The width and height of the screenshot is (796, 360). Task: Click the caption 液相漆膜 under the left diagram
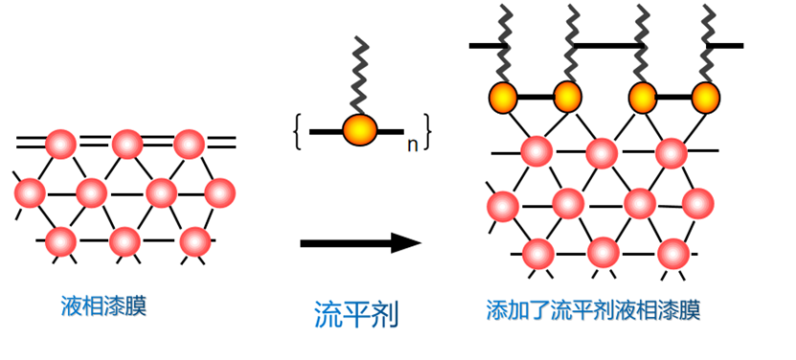pyautogui.click(x=103, y=306)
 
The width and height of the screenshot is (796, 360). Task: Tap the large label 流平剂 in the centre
pyautogui.click(x=356, y=314)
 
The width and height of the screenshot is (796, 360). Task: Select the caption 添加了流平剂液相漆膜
pyautogui.click(x=593, y=310)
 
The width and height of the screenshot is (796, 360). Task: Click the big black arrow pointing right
pyautogui.click(x=360, y=243)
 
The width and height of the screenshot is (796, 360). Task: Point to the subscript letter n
pyautogui.click(x=412, y=146)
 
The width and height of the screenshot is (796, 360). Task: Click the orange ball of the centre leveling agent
pyautogui.click(x=359, y=130)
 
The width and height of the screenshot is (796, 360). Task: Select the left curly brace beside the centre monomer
pyautogui.click(x=298, y=132)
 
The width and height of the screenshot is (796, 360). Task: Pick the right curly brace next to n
pyautogui.click(x=427, y=132)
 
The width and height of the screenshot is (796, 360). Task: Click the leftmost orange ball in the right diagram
pyautogui.click(x=503, y=97)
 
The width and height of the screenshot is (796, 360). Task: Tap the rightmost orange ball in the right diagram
pyautogui.click(x=706, y=97)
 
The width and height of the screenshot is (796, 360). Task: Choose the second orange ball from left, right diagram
pyautogui.click(x=568, y=97)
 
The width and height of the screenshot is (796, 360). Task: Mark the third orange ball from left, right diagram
pyautogui.click(x=643, y=97)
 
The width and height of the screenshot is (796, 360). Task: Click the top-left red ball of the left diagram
pyautogui.click(x=61, y=145)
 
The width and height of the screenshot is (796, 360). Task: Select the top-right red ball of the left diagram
pyautogui.click(x=189, y=145)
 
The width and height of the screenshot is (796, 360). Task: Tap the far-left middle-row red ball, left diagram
pyautogui.click(x=30, y=193)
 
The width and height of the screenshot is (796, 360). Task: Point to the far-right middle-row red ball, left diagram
pyautogui.click(x=219, y=193)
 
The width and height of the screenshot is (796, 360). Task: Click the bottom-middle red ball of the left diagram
pyautogui.click(x=125, y=241)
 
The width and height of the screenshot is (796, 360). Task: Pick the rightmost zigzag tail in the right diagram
pyautogui.click(x=708, y=43)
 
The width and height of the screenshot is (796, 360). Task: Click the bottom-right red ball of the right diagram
pyautogui.click(x=673, y=254)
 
